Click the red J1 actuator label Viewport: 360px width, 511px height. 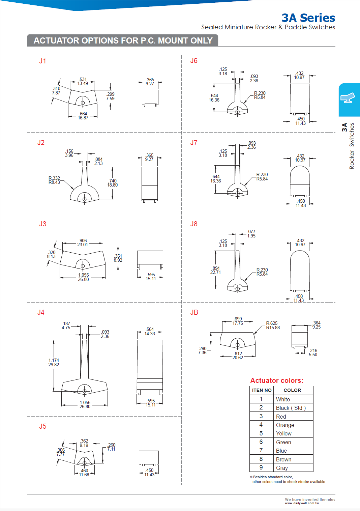[x=42, y=61]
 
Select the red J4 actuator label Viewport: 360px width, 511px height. [x=41, y=312]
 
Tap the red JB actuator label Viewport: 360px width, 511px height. [x=194, y=312]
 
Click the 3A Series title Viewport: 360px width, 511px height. [x=308, y=18]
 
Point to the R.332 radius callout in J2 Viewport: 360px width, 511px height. [x=54, y=180]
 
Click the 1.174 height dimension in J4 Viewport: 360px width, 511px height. [x=54, y=362]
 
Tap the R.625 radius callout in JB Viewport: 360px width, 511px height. [x=272, y=325]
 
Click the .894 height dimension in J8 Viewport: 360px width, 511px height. [x=216, y=270]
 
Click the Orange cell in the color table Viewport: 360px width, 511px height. [x=285, y=425]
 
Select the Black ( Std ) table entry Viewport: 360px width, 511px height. [x=291, y=408]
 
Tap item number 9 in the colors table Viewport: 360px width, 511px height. [x=261, y=467]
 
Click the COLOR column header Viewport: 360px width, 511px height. [x=292, y=390]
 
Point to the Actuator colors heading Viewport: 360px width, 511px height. [x=277, y=380]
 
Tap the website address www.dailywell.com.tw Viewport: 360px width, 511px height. [x=302, y=503]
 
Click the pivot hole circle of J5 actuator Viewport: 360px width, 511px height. [x=85, y=463]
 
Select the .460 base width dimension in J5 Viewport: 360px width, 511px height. [x=84, y=473]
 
